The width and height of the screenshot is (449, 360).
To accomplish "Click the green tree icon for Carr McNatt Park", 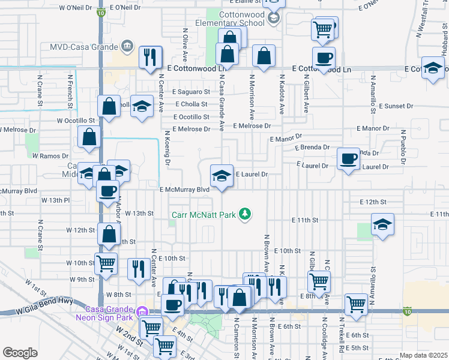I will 244,214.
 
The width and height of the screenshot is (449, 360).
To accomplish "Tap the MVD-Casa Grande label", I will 86,46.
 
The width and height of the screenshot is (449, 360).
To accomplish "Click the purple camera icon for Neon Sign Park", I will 142,311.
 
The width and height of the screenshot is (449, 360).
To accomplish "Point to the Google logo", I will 20,353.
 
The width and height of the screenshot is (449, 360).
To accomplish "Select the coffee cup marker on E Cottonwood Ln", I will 324,58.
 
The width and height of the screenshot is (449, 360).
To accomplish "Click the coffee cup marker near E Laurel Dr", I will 349,159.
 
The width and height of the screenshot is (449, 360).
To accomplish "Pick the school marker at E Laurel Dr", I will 221,176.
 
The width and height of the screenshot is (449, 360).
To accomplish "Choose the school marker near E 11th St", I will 382,225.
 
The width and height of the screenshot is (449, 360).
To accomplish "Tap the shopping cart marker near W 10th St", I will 106,263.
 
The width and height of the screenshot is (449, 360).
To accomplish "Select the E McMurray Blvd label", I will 184,189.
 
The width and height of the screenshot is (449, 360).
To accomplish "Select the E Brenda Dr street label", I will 312,147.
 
